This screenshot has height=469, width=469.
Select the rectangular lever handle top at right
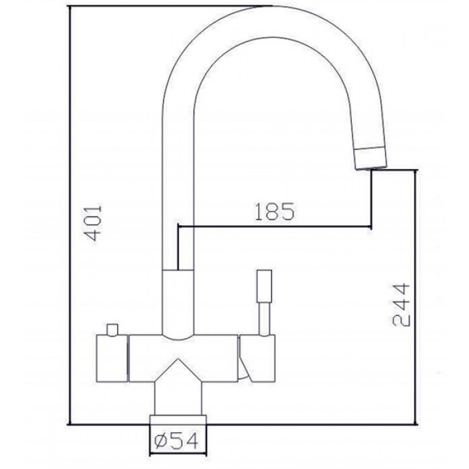(263, 286)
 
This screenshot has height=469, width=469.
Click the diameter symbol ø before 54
(159, 441)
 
